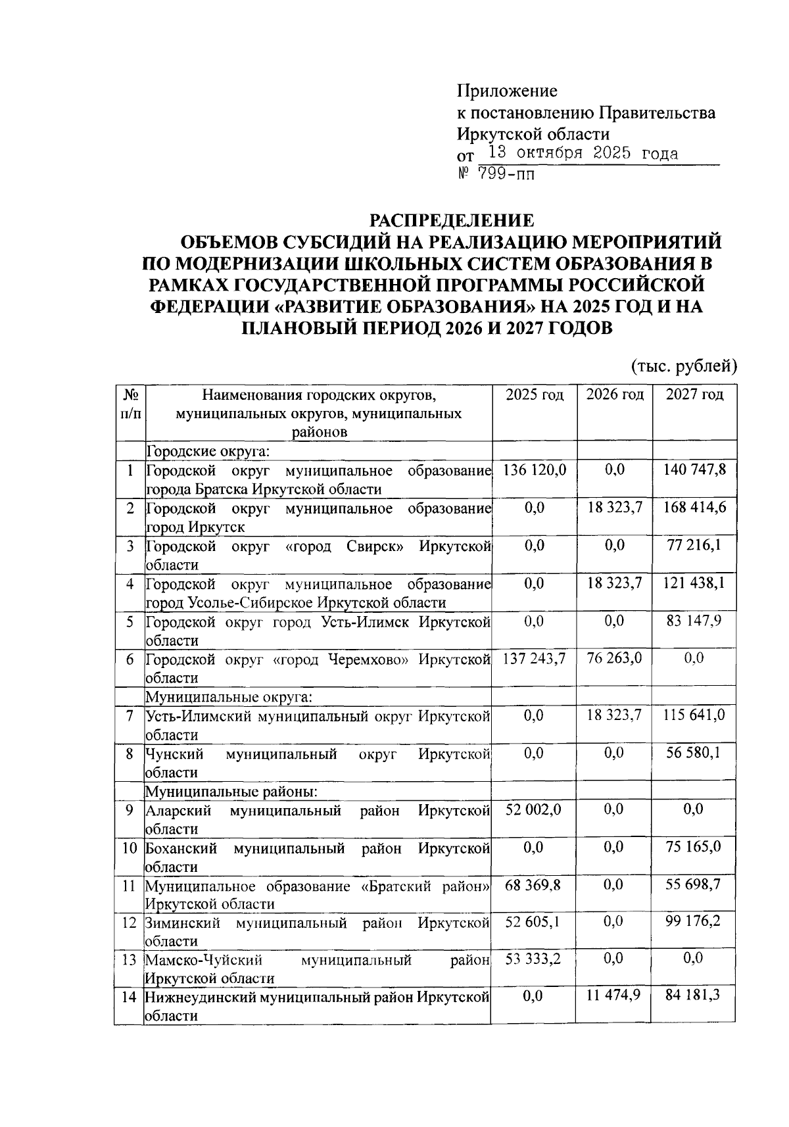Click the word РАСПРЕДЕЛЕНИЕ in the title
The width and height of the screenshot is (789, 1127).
pos(450,220)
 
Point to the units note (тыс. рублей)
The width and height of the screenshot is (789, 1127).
pos(684,366)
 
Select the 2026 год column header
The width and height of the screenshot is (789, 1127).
pos(615,395)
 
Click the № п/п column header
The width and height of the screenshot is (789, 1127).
pos(130,404)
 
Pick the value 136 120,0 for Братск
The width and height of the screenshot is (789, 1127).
pos(534,470)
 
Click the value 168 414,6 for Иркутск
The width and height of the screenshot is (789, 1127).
pos(694,508)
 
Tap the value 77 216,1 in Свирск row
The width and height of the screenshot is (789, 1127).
pos(694,545)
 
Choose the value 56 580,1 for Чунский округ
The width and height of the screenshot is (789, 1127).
pos(694,753)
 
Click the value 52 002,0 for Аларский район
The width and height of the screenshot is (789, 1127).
pos(534,809)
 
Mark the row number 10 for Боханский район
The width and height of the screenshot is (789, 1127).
pos(130,848)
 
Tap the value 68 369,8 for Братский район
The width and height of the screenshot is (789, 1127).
pos(534,885)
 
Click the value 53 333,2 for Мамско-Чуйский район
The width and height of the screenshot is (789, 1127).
pos(534,959)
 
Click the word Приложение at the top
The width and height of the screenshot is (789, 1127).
pos(507,90)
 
